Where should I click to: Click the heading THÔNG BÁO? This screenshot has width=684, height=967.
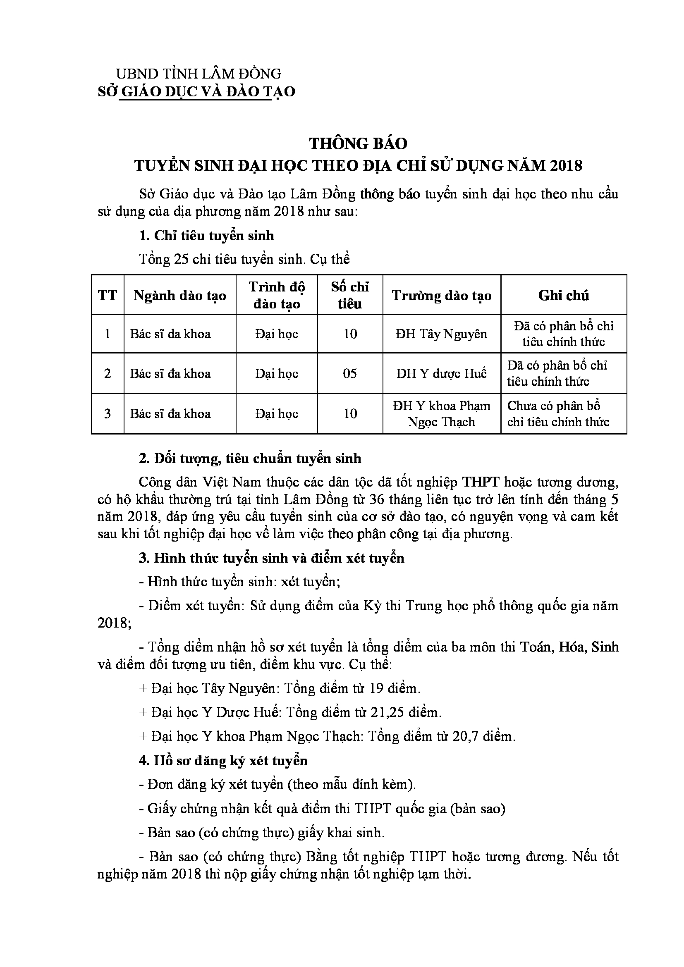359,144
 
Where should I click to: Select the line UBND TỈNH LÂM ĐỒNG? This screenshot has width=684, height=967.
199,74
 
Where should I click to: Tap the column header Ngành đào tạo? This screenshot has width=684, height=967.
180,296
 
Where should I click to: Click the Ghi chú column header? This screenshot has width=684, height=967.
564,296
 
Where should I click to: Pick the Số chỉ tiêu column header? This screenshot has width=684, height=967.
350,295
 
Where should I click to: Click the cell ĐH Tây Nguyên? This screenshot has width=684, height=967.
441,334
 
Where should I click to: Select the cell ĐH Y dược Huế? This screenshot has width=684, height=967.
441,374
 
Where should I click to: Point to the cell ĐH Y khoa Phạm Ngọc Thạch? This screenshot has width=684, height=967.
441,413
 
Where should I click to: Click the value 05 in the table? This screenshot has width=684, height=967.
350,374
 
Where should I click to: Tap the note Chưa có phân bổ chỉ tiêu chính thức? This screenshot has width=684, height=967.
558,413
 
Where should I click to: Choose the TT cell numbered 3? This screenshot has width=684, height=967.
108,413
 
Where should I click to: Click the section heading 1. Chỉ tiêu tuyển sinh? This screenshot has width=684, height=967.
206,235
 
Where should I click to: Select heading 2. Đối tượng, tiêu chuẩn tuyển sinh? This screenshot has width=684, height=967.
250,458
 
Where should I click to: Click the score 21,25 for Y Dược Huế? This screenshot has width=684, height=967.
387,712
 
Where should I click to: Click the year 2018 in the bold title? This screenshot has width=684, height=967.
566,166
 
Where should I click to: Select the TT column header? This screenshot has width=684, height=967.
108,296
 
